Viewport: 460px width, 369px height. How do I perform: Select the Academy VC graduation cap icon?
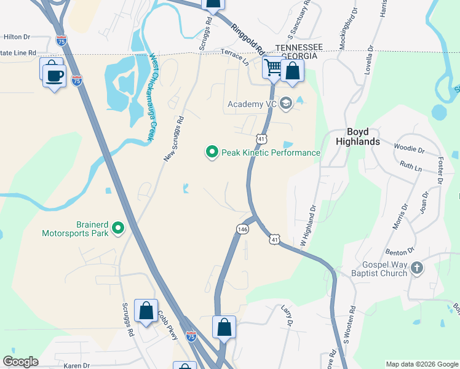285,103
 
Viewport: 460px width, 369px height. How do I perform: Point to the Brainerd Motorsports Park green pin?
119,229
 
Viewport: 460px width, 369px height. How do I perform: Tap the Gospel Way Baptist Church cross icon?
417,268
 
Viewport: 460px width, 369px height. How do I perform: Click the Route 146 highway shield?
242,229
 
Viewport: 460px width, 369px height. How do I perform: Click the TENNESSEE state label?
299,47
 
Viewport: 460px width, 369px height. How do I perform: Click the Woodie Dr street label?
409,149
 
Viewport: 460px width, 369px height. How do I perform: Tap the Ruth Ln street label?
411,165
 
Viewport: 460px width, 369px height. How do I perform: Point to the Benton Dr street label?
397,252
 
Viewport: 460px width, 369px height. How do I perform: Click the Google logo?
20,362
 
